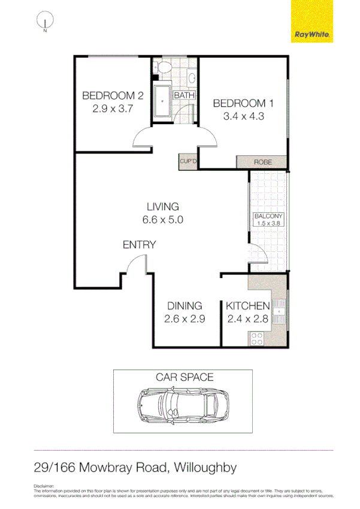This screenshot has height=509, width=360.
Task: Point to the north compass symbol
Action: click(x=45, y=23)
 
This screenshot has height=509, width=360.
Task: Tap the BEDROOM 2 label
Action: click(x=113, y=95)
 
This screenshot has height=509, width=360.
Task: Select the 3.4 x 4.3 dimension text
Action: click(x=244, y=116)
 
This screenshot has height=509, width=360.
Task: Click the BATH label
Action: click(x=184, y=95)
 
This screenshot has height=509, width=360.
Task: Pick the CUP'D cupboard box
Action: click(x=188, y=161)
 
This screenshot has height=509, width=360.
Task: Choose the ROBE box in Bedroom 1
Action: click(x=262, y=162)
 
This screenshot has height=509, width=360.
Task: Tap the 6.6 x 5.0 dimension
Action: click(x=162, y=220)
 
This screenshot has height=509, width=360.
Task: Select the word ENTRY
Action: click(x=139, y=245)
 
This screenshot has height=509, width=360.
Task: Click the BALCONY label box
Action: click(x=268, y=219)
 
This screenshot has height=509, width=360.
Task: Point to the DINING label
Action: click(x=184, y=306)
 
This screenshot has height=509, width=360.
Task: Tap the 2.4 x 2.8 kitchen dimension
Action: click(x=247, y=319)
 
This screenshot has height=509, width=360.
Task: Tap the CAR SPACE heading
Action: click(x=184, y=377)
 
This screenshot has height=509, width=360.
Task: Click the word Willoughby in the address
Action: click(x=210, y=467)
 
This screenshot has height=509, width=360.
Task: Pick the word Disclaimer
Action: click(x=44, y=486)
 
